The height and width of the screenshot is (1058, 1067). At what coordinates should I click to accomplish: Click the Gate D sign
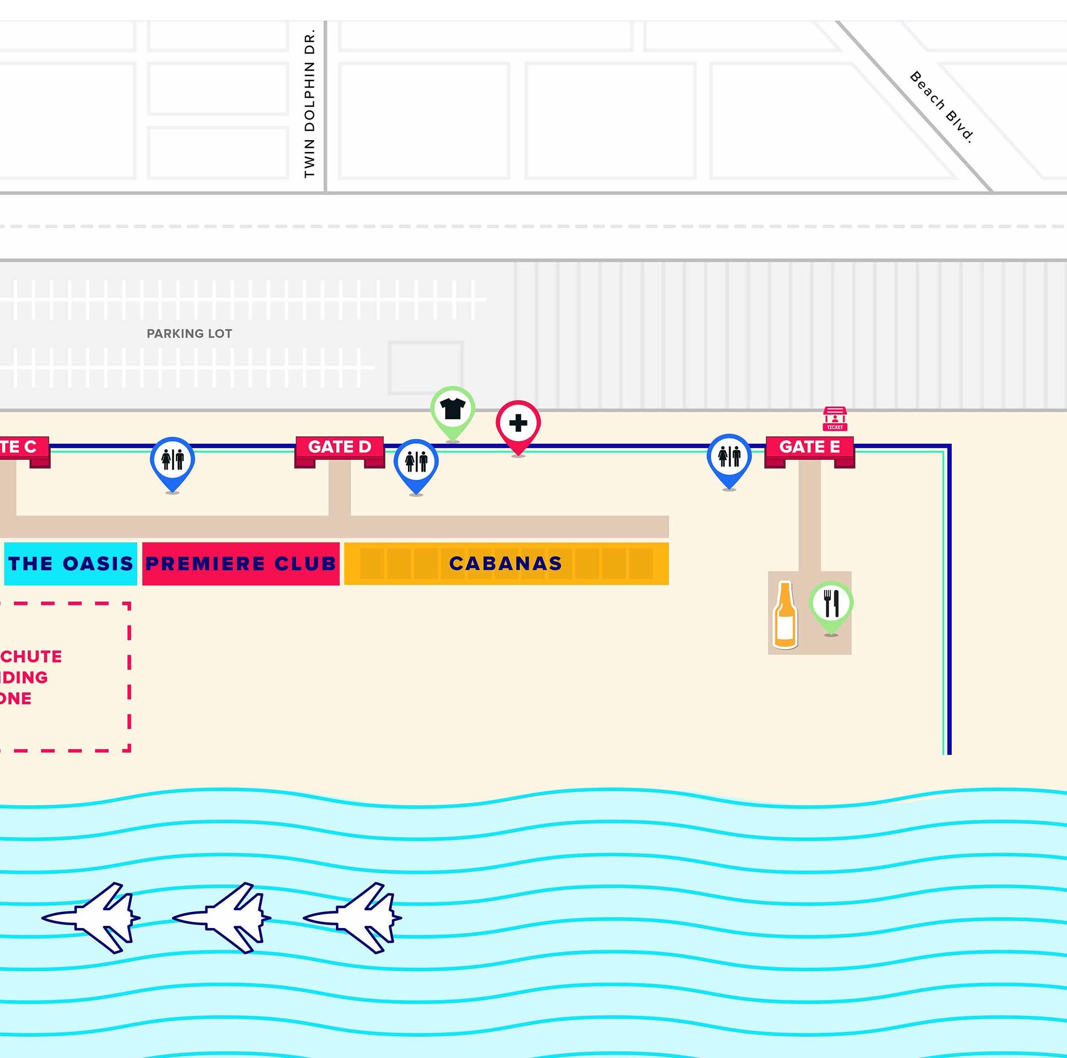point(339,447)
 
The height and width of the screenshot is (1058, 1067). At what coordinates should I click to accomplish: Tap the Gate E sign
point(809,447)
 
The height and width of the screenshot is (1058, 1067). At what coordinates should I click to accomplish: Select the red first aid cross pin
point(518,424)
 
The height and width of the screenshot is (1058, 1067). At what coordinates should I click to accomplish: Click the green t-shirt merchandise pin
point(452,409)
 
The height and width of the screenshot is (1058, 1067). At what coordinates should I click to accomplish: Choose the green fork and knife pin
point(831,604)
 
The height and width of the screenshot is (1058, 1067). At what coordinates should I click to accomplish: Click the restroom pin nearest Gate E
point(729,458)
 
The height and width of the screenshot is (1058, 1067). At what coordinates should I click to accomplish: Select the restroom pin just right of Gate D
point(416,462)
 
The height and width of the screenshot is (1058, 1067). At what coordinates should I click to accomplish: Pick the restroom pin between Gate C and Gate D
point(172,460)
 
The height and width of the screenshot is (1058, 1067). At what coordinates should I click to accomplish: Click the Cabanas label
point(505,564)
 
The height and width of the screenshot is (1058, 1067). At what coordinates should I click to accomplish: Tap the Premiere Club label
point(241,564)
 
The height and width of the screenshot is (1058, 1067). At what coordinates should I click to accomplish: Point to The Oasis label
point(71,564)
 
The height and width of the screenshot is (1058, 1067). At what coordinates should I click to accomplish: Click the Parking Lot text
point(189,333)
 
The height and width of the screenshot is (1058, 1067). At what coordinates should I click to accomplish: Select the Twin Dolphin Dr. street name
point(309,104)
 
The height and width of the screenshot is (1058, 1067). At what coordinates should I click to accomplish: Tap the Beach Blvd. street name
point(942,107)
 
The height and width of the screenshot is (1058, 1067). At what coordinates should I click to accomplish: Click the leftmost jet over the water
point(94,918)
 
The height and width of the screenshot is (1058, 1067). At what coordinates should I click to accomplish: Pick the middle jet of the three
point(225,918)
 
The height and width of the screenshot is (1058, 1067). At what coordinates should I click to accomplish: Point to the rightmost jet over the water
point(356,918)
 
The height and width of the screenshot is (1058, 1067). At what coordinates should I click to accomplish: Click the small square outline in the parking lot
point(425,367)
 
